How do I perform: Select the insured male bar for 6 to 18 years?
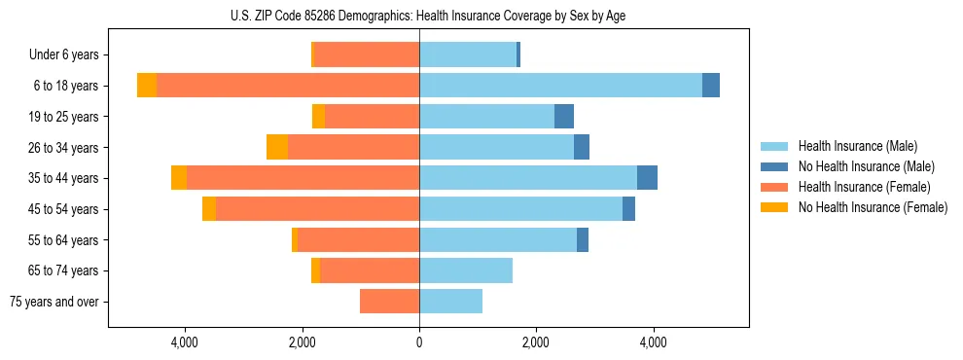[560, 85]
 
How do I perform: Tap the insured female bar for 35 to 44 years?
[303, 178]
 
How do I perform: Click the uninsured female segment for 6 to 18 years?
[147, 85]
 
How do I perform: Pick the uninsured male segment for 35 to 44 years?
[647, 178]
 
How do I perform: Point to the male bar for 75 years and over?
[450, 302]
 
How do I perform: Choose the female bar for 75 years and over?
[389, 302]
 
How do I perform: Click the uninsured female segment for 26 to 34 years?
[277, 147]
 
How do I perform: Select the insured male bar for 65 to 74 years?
[466, 270]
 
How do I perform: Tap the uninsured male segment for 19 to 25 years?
[564, 116]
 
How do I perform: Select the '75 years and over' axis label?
[54, 302]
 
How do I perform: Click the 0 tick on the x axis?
[419, 342]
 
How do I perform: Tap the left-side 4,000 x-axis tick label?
[185, 342]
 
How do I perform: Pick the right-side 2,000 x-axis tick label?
[536, 342]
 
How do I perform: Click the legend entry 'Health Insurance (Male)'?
[857, 146]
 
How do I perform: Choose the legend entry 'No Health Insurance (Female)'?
[873, 207]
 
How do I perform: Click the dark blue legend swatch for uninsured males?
[774, 166]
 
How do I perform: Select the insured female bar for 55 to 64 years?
[359, 240]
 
